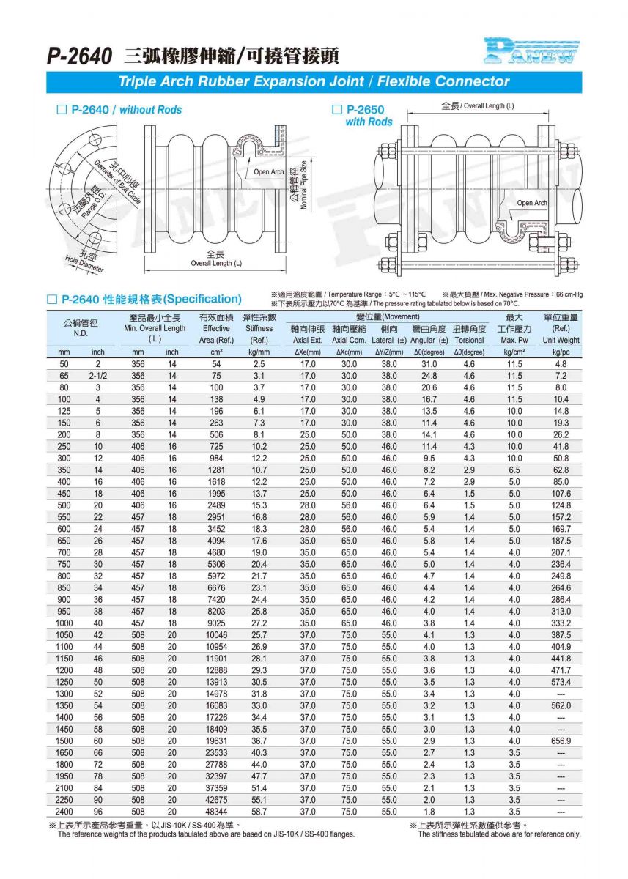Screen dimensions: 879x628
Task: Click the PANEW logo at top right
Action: click(531, 51)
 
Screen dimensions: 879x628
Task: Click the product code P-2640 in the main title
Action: click(80, 56)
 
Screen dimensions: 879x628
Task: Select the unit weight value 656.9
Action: click(561, 741)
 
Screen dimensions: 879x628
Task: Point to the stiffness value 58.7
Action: click(259, 812)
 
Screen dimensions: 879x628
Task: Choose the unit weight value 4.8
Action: click(561, 364)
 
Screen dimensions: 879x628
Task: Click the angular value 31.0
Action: click(429, 364)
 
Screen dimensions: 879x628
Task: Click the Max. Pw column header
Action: click(514, 340)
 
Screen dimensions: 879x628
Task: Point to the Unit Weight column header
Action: click(561, 340)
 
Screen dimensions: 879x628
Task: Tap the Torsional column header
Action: click(469, 340)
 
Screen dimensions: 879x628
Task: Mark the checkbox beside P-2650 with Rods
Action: click(338, 110)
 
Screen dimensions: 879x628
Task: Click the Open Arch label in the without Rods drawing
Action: click(268, 172)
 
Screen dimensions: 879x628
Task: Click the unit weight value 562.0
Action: click(561, 705)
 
